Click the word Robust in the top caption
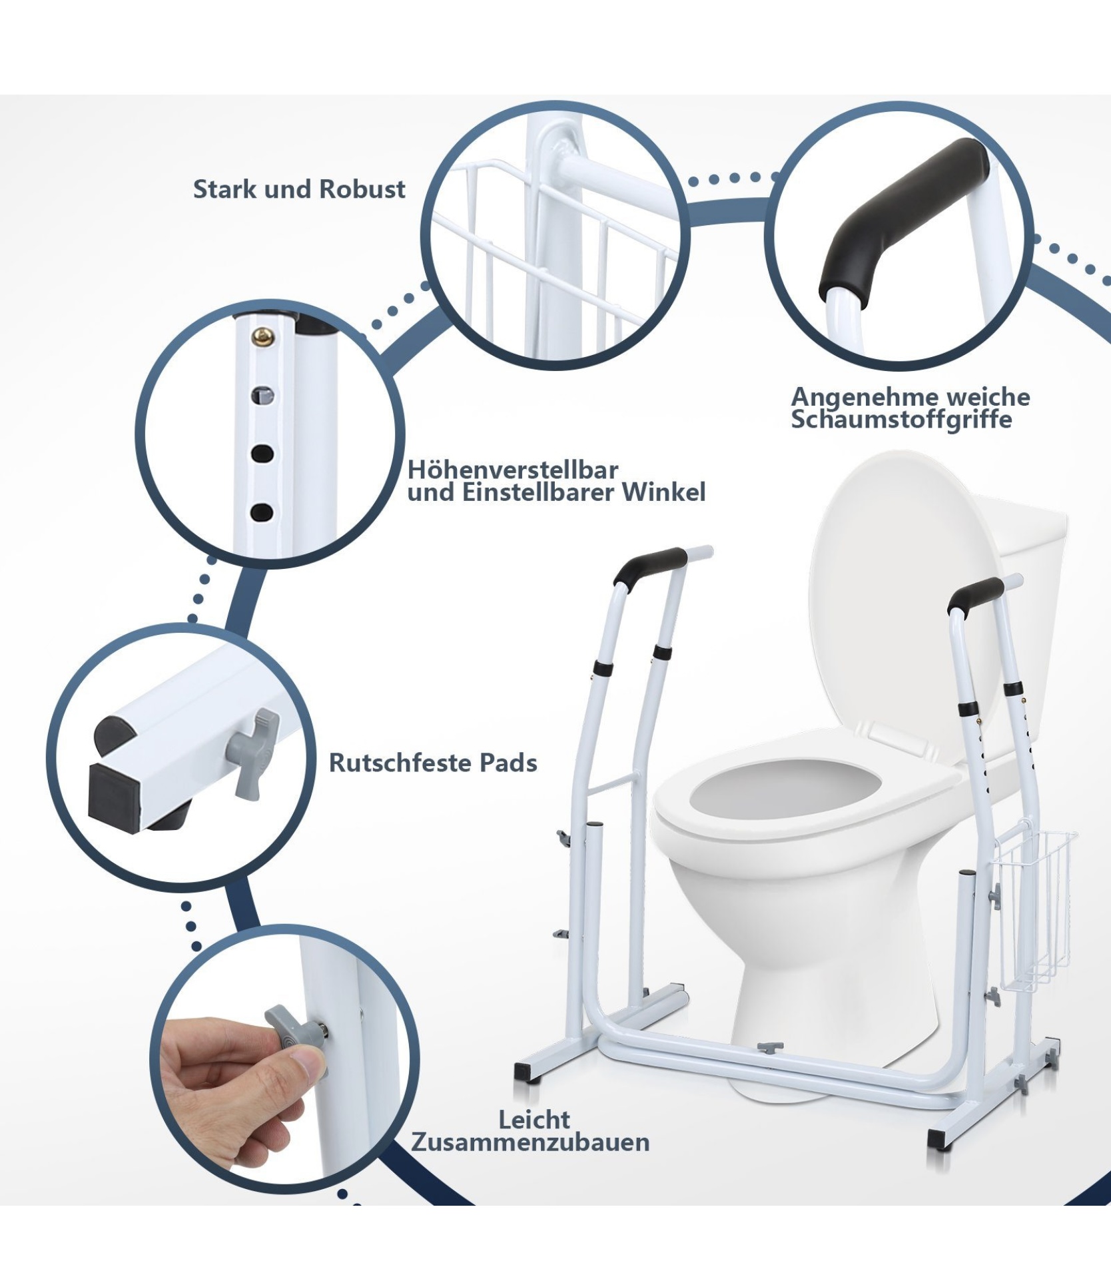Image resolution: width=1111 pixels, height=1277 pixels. point(362,189)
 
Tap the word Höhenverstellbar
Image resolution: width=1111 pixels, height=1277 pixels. point(513,470)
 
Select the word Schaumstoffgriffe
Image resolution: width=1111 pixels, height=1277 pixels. point(901,420)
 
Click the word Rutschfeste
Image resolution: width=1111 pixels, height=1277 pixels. point(403,763)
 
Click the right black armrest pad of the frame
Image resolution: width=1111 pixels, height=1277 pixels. point(976,596)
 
